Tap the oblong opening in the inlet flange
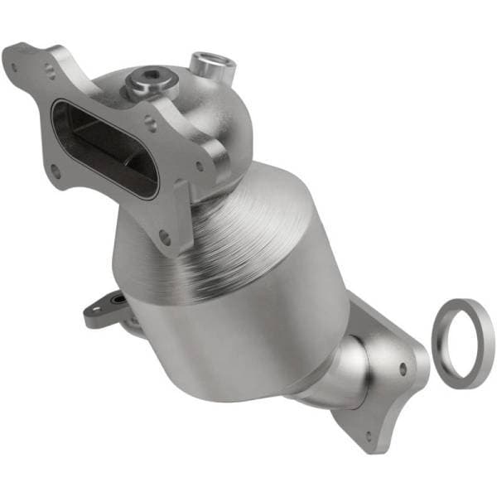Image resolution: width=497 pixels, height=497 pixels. [103, 149]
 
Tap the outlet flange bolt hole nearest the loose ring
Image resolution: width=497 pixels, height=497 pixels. [403, 370]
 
